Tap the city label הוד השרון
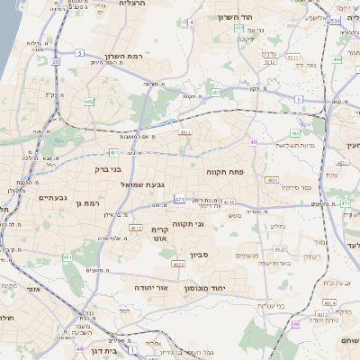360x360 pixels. (237, 17)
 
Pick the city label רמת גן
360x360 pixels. (85, 202)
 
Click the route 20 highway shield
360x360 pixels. (55, 61)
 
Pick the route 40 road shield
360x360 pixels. (254, 142)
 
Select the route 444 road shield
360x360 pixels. (337, 59)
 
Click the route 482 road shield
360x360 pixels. (89, 102)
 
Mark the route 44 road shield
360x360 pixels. (80, 348)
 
